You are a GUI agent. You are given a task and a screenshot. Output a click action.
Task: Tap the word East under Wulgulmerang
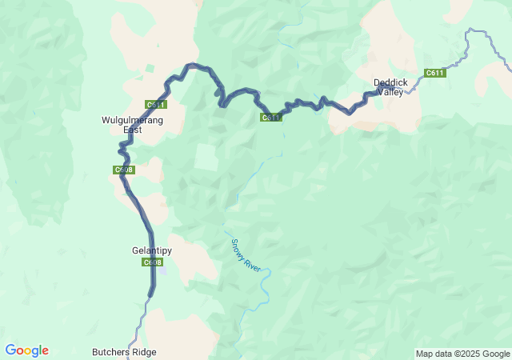(x=132, y=129)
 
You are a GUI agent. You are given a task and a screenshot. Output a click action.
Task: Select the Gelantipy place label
(x=152, y=250)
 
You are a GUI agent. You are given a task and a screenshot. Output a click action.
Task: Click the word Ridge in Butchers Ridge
(x=145, y=352)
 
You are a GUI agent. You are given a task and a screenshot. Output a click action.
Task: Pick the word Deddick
(x=390, y=82)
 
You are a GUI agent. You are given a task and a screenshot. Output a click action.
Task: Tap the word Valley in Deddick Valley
(x=390, y=92)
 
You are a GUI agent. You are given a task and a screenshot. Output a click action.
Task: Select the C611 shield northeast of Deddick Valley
(x=434, y=73)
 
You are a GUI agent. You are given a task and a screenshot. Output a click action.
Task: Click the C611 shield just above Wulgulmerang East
(x=156, y=105)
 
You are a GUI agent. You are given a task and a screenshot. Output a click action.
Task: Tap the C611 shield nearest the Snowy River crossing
(x=271, y=118)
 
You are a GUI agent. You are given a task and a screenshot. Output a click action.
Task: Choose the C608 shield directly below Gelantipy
(x=153, y=262)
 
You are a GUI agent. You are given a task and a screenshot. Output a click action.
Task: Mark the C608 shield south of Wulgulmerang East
(x=124, y=170)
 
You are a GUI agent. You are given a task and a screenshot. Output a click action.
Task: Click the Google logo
(x=27, y=350)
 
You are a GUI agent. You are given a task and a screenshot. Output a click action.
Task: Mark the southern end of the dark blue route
(x=151, y=295)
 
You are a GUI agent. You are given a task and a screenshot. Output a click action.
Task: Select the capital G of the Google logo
(x=10, y=350)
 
